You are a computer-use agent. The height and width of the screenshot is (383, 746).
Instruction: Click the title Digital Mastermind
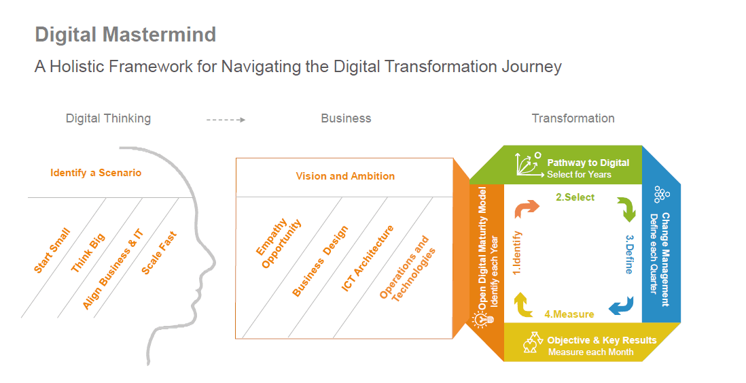tap(125, 35)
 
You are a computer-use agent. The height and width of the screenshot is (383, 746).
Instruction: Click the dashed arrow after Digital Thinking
tap(226, 119)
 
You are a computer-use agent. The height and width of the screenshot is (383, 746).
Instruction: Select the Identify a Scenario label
tap(96, 173)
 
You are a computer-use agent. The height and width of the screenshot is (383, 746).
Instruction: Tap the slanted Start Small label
tap(52, 252)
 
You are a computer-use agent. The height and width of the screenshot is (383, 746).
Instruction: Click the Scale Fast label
tap(159, 253)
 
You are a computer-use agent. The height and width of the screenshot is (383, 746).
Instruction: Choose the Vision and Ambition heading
tap(345, 176)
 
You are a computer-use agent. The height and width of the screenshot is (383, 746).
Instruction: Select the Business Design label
tap(320, 261)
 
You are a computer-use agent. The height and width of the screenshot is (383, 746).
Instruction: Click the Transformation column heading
tap(573, 118)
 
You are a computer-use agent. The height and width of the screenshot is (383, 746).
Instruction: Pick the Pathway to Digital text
tap(588, 163)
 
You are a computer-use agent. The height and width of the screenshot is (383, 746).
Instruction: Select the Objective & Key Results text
tap(601, 340)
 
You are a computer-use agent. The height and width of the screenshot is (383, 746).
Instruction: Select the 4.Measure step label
tap(569, 314)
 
